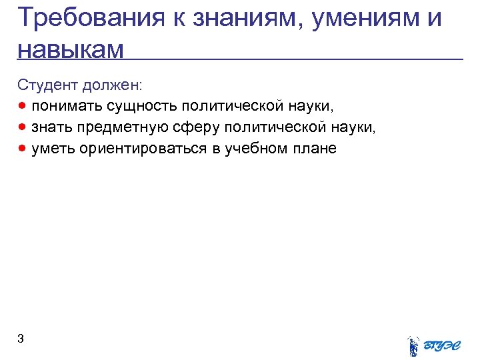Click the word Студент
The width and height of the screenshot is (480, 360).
point(48,85)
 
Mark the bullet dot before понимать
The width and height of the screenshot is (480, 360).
point(23,106)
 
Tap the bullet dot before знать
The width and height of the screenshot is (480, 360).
point(23,127)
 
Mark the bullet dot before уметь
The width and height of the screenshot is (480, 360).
point(23,147)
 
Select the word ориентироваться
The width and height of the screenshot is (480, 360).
point(144,148)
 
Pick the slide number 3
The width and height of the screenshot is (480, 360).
point(21,339)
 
